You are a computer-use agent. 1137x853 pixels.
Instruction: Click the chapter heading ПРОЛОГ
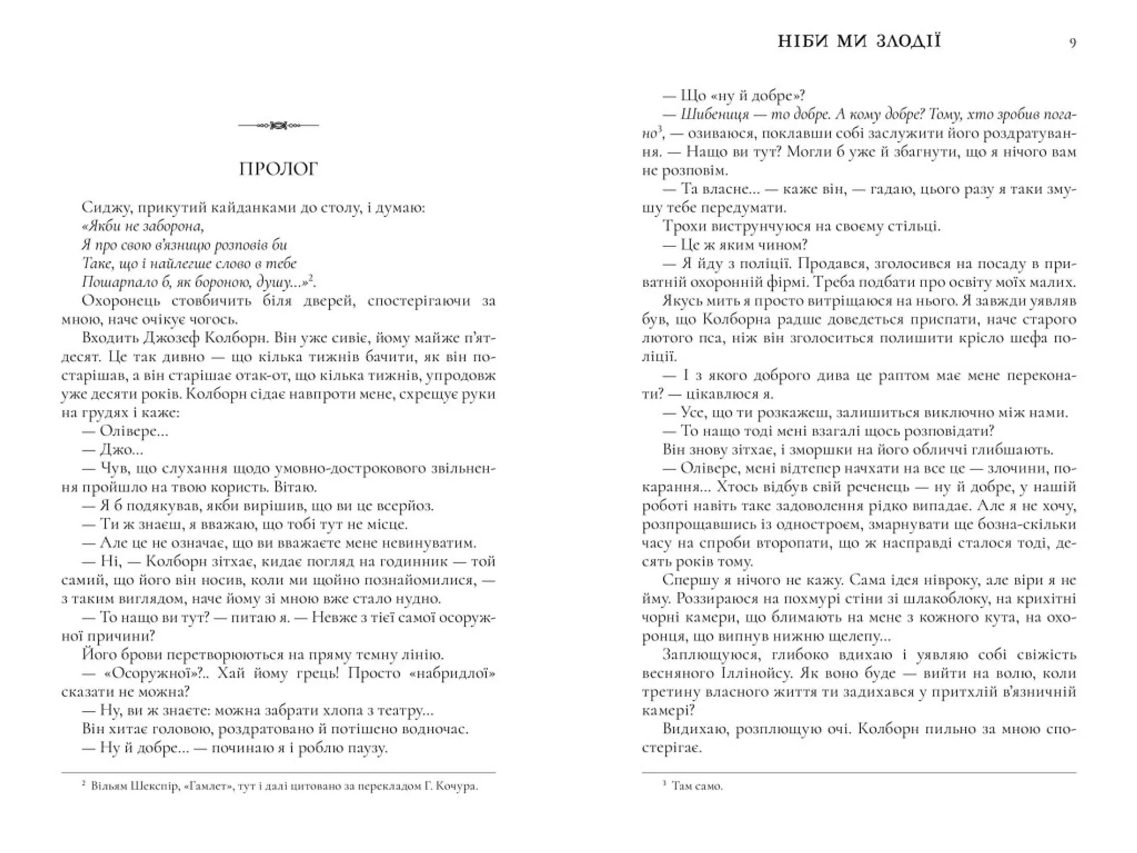[278, 169]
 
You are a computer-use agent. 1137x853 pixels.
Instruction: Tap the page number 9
[1072, 43]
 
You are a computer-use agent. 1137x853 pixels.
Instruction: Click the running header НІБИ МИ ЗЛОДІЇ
[859, 41]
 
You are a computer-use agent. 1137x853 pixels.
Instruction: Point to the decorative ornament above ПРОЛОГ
[278, 126]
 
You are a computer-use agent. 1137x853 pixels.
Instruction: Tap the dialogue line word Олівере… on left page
[134, 431]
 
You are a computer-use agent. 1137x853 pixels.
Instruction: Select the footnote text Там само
[697, 787]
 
